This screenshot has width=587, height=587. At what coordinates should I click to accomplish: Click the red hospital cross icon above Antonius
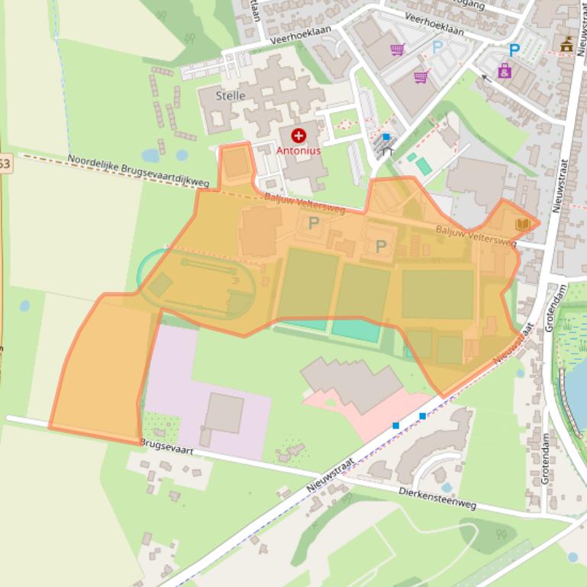click(298, 136)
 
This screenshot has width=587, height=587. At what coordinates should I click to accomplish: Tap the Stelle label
click(231, 96)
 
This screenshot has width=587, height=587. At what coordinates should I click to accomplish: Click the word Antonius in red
click(298, 151)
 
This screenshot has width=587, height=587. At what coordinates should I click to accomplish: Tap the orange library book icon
click(523, 224)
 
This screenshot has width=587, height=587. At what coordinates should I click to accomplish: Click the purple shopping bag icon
click(505, 71)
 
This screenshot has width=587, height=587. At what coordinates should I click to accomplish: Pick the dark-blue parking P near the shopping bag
click(514, 50)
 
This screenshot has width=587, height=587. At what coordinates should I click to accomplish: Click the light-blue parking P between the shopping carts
click(437, 47)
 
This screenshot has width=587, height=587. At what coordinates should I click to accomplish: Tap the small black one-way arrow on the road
click(485, 77)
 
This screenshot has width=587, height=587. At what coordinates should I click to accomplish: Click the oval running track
click(196, 283)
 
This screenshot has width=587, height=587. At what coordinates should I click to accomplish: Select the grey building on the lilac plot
click(224, 413)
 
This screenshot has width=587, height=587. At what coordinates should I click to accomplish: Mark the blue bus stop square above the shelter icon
click(386, 137)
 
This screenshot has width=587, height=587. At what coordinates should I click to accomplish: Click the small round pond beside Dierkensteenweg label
click(447, 487)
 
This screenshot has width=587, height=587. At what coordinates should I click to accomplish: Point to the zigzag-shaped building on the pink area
click(352, 382)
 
